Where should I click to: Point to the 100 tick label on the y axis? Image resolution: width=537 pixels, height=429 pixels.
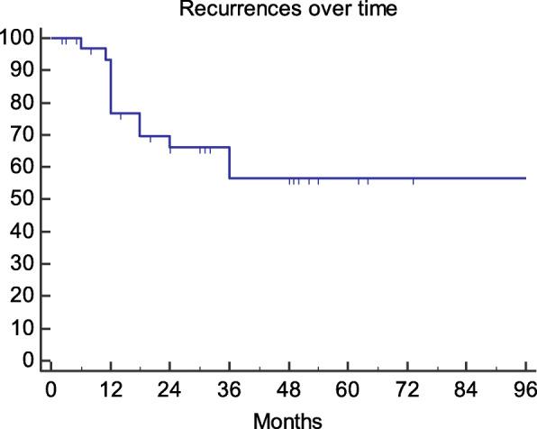[17, 38]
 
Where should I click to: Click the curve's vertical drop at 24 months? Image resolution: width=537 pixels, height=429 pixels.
[169, 141]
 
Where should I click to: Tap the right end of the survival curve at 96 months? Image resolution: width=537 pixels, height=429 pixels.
[525, 178]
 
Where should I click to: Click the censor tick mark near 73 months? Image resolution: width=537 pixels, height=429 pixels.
[414, 181]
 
